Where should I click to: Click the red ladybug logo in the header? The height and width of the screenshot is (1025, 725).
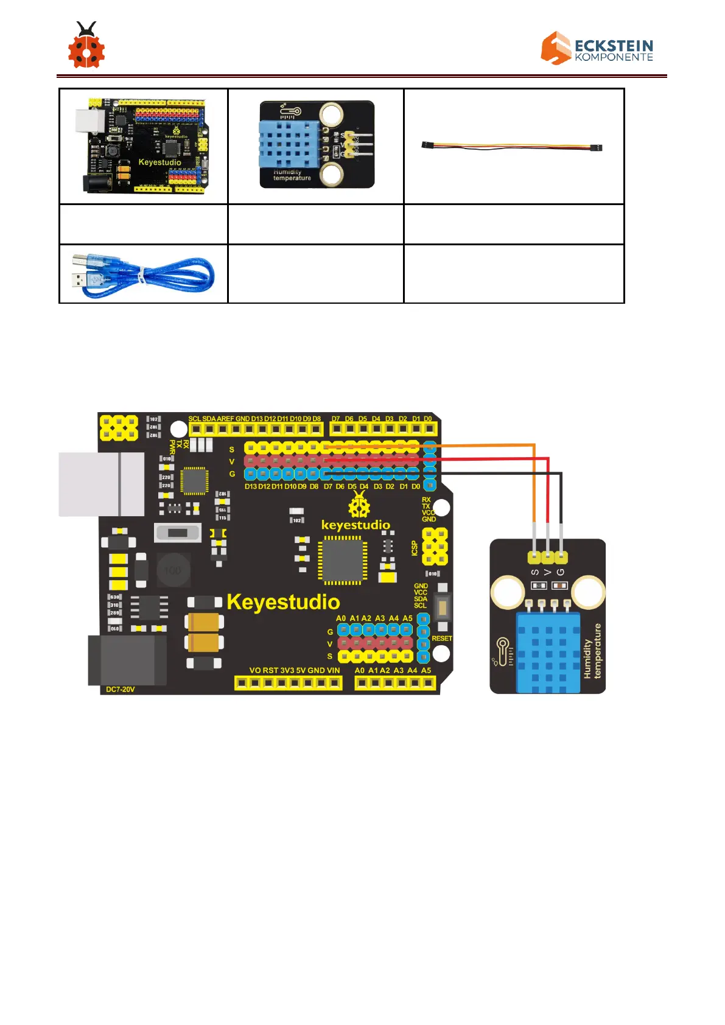86,46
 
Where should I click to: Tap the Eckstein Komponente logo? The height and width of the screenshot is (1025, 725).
597,48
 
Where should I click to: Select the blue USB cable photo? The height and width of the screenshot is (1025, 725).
143,275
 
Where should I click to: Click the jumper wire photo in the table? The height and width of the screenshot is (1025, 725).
512,147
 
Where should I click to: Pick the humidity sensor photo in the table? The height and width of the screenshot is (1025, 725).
317,145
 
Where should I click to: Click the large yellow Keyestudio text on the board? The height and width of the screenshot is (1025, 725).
283,602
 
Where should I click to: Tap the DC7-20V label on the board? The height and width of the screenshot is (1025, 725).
121,690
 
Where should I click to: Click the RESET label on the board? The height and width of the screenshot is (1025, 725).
442,638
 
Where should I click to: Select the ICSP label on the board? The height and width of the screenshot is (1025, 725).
415,548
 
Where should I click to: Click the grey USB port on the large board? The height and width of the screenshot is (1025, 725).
102,484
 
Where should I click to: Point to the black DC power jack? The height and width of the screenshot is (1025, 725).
127,660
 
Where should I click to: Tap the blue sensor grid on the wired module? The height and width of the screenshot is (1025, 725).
548,652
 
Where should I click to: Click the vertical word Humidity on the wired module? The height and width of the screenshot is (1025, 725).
587,659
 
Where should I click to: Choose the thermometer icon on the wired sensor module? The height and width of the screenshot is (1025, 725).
503,651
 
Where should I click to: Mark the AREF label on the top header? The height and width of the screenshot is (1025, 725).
225,419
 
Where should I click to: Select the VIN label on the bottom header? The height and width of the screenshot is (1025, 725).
333,670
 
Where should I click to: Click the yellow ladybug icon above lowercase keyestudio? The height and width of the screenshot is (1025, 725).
359,505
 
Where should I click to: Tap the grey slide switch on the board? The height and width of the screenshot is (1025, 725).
178,533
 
